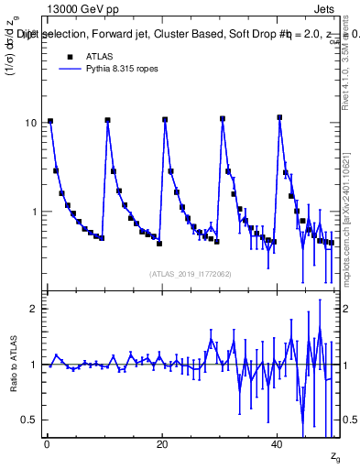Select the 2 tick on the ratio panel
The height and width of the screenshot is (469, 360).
point(34,309)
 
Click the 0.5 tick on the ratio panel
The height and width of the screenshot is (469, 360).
point(29,420)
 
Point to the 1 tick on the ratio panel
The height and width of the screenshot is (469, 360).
point(34,365)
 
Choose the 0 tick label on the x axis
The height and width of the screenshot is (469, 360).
point(47,443)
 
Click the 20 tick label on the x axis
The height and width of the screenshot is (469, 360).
point(162,443)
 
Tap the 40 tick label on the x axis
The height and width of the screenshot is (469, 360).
point(278,443)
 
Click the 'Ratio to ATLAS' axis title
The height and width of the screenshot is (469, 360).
point(14,364)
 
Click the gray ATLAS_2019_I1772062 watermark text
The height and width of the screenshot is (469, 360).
point(191,273)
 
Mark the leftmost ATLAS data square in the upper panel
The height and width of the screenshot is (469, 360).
point(50,121)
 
